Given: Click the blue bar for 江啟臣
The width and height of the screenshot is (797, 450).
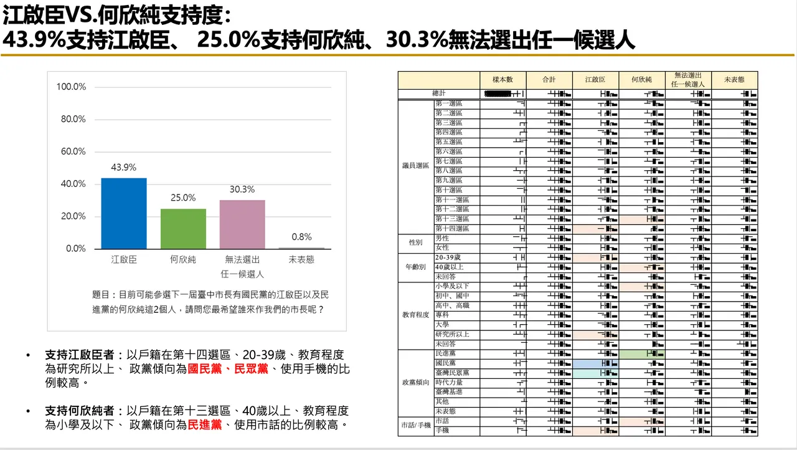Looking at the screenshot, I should pos(124,213).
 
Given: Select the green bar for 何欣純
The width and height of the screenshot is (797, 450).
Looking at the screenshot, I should pos(183,229).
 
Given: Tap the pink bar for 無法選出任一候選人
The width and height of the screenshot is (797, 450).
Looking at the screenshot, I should pos(242,224).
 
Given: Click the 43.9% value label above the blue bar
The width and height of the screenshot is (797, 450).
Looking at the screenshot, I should pos(124,168).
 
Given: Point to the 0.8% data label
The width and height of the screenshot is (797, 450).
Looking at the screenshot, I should pos(301,237).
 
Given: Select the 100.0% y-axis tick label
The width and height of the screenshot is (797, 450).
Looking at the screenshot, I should pos(72,87).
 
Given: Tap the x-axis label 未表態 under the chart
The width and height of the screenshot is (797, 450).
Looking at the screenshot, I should pos(301,260).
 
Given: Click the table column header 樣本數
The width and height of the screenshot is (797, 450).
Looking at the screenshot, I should pos(502,80).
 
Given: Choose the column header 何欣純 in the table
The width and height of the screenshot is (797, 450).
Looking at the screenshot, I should pos(641,80).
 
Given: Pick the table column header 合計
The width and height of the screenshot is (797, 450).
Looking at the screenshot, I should pos(549,80).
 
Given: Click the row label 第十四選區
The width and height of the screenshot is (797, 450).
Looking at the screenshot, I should pos(449,229).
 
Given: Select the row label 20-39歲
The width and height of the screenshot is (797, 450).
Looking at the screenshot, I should pos(448,257).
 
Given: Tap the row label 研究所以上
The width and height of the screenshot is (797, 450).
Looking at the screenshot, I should pos(453,334).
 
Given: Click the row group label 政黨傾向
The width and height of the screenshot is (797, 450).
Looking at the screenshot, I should pos(415,382).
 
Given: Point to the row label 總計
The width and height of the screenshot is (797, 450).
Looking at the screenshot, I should pos(440,93).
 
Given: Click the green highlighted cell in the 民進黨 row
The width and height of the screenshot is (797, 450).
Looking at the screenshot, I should pos(642,353).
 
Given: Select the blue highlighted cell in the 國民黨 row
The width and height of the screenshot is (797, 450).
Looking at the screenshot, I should pos(596,363).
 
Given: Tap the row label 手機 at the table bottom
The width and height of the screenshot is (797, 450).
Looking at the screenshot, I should pos(442,430).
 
